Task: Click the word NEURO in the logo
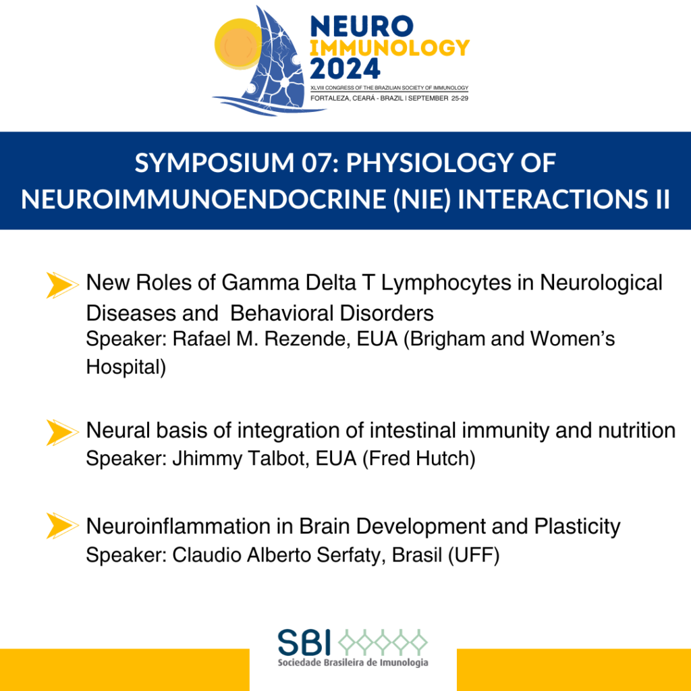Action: pos(362,26)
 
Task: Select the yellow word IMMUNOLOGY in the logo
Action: pos(389,48)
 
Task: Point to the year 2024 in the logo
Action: pos(345,68)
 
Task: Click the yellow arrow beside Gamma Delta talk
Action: pos(62,285)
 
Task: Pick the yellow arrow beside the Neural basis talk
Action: pos(62,433)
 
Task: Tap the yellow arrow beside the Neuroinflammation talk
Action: pos(62,525)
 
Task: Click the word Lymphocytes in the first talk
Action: pos(446,283)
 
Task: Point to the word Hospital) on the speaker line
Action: pos(126,367)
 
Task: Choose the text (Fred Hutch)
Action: pos(418,459)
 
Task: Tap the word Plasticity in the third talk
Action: pos(577,526)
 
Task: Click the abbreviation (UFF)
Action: pos(474,555)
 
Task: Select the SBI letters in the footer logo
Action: pos(304,642)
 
